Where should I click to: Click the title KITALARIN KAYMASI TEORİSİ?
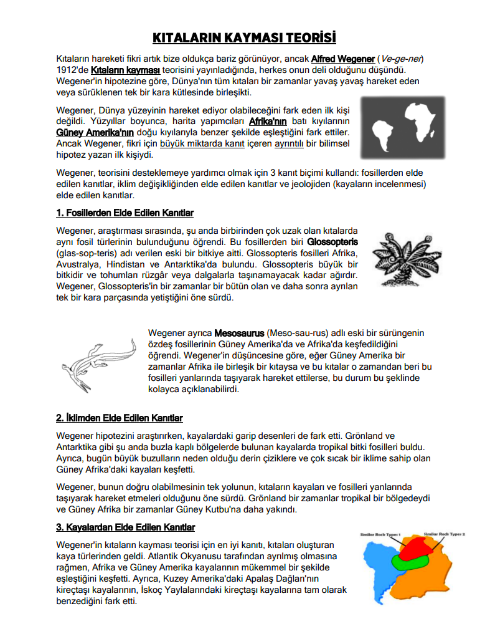tap(244, 37)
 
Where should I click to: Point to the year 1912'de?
tap(72, 70)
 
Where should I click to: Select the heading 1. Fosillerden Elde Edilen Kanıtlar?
tap(125, 213)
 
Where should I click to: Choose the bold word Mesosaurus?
tap(240, 332)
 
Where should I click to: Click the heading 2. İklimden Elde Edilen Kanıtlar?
tap(120, 418)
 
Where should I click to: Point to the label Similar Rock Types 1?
tap(382, 534)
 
